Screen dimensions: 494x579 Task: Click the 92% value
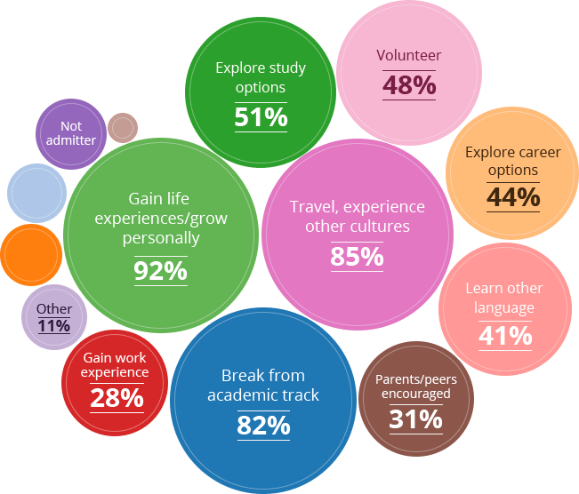tap(160, 270)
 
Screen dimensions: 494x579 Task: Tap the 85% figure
tap(356, 257)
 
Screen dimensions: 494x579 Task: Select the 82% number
tap(263, 426)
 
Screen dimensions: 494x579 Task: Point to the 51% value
tap(261, 116)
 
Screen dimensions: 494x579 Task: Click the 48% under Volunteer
tap(409, 85)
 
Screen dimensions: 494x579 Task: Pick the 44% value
tap(513, 197)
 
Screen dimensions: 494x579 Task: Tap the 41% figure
tap(504, 336)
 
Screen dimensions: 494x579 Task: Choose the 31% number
tap(415, 418)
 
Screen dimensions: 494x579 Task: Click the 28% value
tap(117, 397)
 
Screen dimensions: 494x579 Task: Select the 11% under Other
tap(54, 325)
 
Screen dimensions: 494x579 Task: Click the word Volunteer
tap(409, 56)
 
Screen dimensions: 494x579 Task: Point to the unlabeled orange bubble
tap(30, 255)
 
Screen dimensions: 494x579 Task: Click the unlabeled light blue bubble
tap(36, 192)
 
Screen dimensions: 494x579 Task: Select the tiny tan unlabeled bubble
tap(122, 128)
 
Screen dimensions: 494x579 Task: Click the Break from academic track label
tap(263, 385)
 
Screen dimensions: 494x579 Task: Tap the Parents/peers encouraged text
tap(416, 386)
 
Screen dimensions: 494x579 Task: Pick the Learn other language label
tap(504, 298)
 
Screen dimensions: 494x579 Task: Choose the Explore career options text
tap(513, 161)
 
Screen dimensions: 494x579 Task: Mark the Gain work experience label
tap(115, 365)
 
